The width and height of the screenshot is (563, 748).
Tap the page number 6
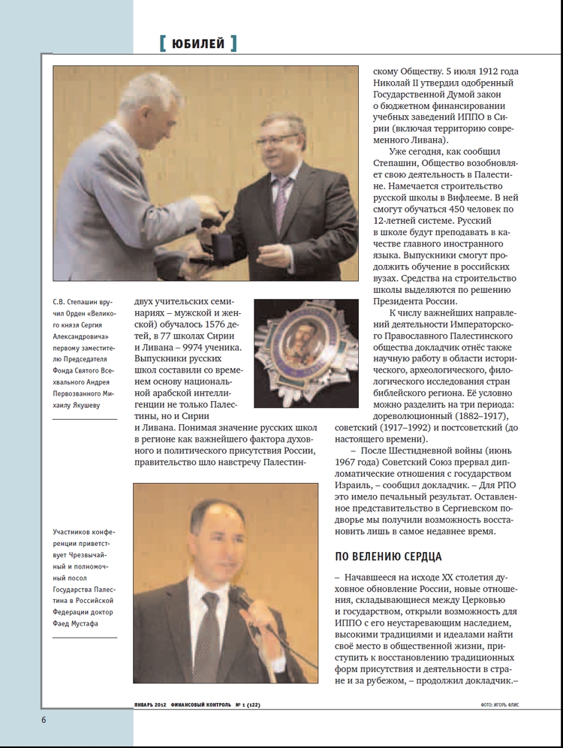point(44,719)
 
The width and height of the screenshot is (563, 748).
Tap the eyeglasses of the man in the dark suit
point(276,140)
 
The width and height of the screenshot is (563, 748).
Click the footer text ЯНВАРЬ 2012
point(148,705)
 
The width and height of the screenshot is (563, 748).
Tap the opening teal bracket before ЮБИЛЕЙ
point(163,44)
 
